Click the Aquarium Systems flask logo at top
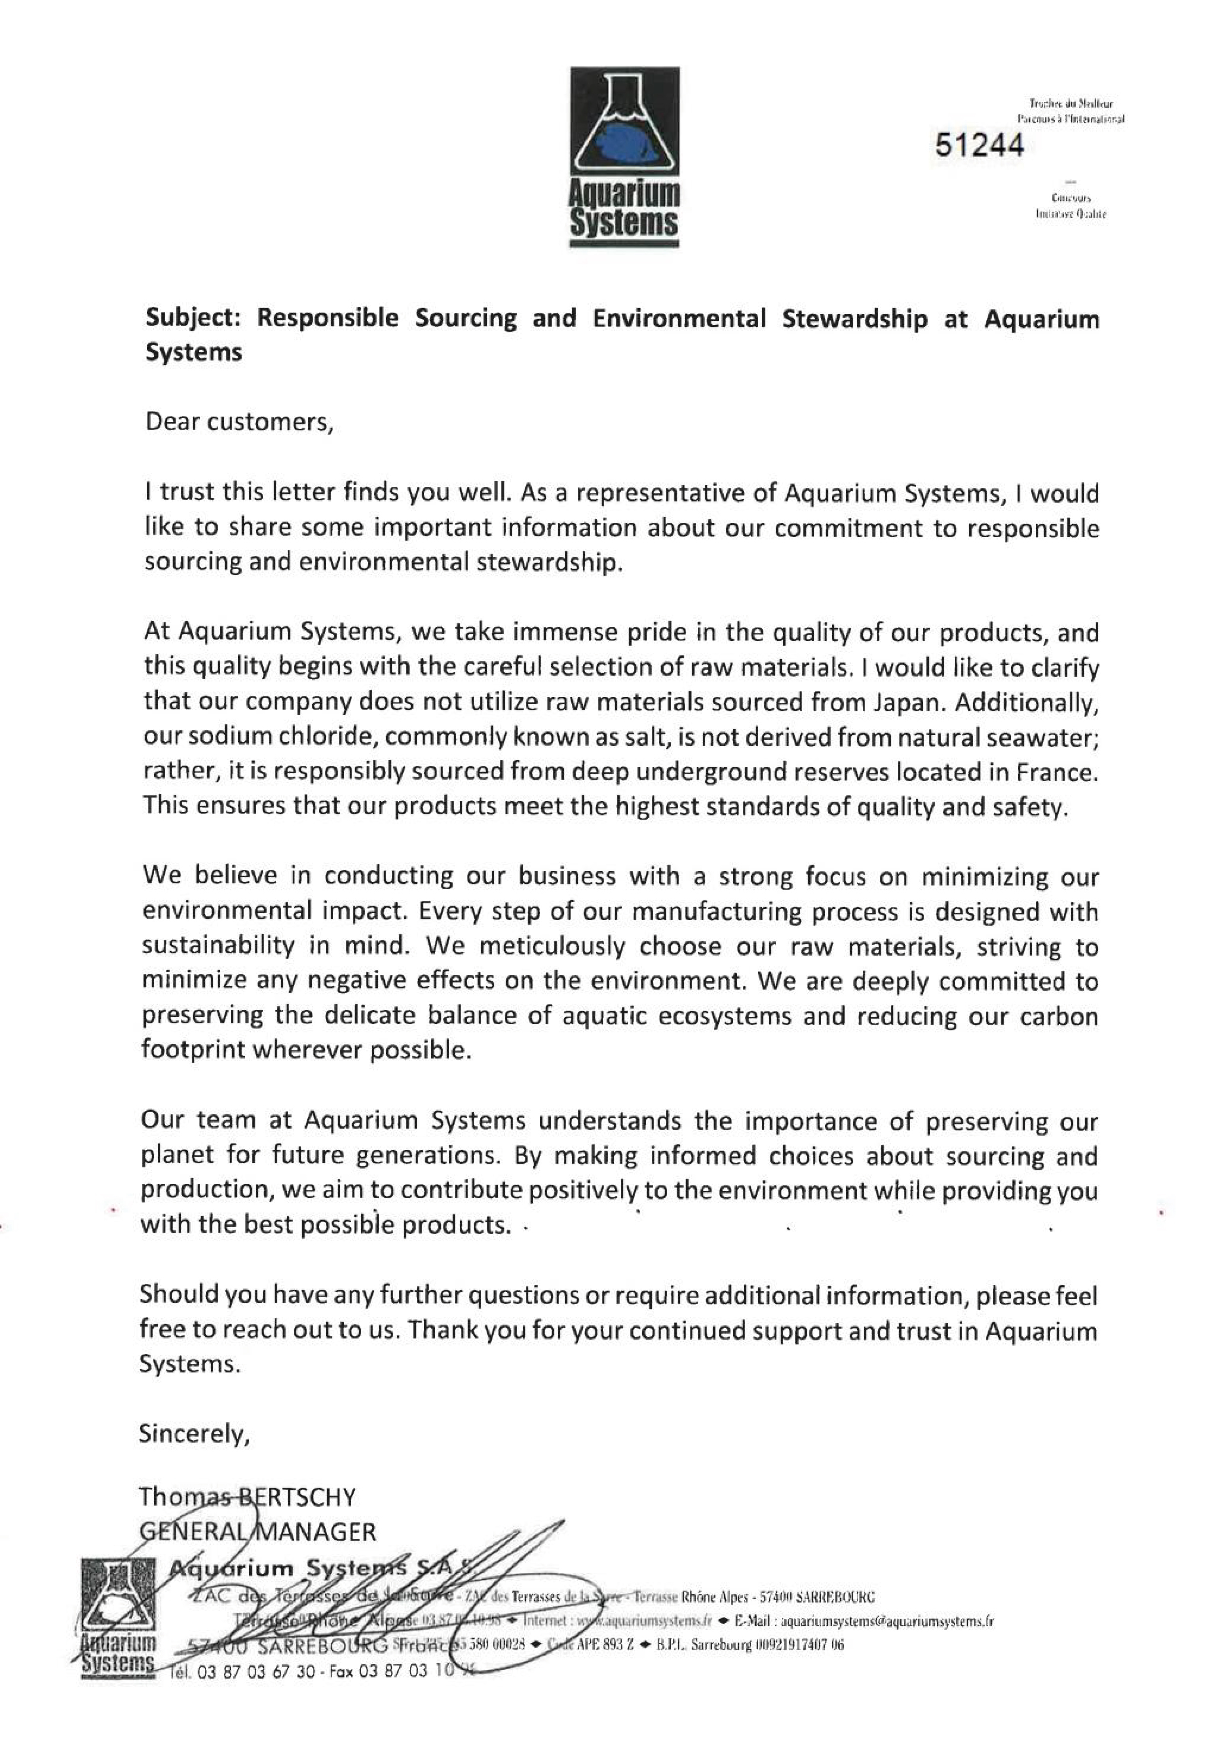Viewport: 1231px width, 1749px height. click(625, 156)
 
